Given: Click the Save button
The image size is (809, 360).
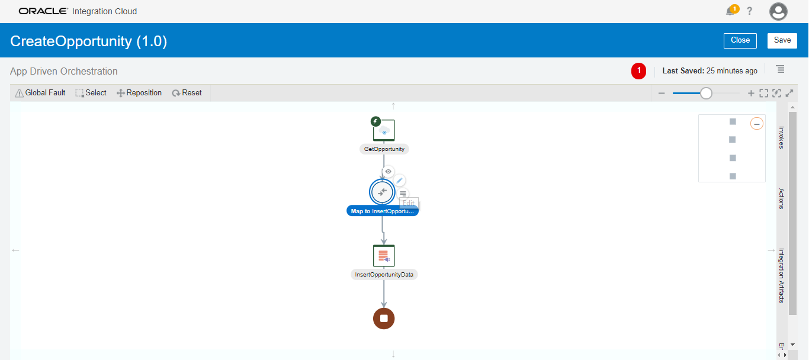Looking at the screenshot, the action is coord(782,40).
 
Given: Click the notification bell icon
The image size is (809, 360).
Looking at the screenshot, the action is coord(731,11).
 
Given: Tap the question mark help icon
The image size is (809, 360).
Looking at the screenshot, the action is coord(749,11).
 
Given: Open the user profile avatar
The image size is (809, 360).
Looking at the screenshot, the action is coord(778,11).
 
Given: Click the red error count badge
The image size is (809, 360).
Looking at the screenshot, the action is coord(639,71).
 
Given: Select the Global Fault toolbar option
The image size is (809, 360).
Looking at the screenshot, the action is coord(40,93).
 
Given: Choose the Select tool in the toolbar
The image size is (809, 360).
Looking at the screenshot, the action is coord(91,93).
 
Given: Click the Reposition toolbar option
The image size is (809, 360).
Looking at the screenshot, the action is coord(139,93).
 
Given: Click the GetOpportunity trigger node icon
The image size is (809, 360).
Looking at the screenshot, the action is coord(384,131).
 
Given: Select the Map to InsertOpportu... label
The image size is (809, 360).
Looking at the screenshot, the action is coord(383,211).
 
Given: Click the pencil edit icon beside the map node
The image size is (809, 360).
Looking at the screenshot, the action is coord(400,181).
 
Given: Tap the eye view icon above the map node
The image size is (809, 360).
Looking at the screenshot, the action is coord(389,172).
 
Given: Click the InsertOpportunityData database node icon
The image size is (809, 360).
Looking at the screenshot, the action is coord(384,256).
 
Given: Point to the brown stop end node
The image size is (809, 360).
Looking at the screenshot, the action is coord(384,319).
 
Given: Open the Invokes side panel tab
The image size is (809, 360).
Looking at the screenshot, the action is coord(781,137).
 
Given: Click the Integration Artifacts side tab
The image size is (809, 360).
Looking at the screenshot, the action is coord(781,275).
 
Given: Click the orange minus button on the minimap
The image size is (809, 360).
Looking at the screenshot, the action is coord(757,124).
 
